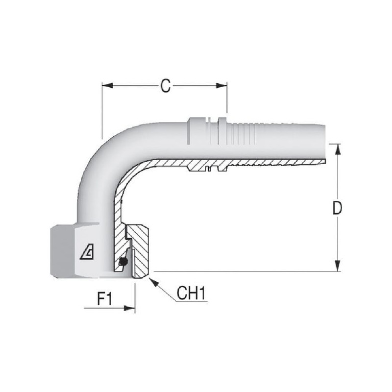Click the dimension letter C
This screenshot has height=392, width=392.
pyautogui.click(x=165, y=86)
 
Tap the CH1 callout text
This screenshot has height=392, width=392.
pyautogui.click(x=191, y=293)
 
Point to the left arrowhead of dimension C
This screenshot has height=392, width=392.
pyautogui.click(x=107, y=86)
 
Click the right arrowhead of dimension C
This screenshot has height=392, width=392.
pyautogui.click(x=221, y=86)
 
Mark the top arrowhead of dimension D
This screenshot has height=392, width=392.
pyautogui.click(x=338, y=150)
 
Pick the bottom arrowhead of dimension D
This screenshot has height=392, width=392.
pyautogui.click(x=338, y=266)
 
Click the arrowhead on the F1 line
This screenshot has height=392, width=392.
pyautogui.click(x=129, y=308)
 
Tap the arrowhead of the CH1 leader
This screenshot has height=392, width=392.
pyautogui.click(x=154, y=283)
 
